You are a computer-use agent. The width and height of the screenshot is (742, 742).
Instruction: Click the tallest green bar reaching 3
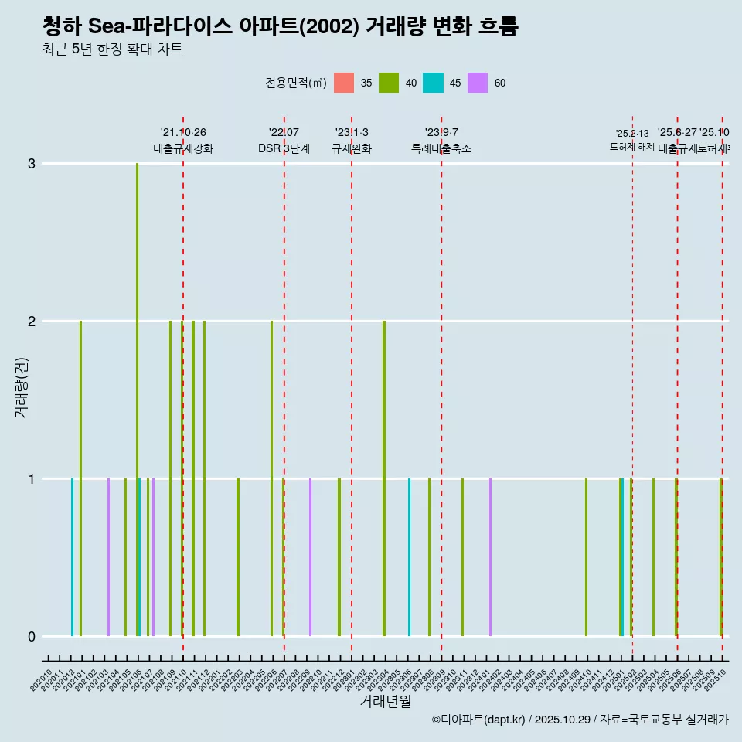pos(137,399)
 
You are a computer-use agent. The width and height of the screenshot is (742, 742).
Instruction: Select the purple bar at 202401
pos(490,556)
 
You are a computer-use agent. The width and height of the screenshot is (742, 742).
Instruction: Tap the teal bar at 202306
pos(410,556)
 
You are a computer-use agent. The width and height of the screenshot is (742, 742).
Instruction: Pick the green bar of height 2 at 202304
pos(384,478)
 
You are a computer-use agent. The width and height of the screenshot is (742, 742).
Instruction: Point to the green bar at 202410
pos(586,556)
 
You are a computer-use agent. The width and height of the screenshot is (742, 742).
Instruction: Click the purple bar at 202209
pos(310,556)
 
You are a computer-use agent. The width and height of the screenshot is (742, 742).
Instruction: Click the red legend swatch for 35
pos(344,83)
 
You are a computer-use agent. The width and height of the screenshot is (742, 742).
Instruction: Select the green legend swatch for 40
pos(389,83)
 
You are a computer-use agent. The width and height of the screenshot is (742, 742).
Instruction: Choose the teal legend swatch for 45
pos(433,83)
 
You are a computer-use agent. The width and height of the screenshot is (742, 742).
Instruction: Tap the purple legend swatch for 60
pos(478,83)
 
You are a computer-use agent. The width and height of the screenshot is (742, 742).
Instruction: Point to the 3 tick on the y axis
pos(31,164)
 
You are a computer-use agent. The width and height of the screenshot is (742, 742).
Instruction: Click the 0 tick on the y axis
pos(31,636)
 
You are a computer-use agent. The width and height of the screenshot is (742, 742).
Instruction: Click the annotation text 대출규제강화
pos(183,148)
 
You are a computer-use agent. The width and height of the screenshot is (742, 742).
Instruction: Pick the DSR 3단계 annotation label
pos(284,148)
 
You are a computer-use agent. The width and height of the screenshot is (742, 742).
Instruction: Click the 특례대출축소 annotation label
pos(441,148)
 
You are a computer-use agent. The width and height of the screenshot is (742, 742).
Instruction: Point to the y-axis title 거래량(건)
pos(21,387)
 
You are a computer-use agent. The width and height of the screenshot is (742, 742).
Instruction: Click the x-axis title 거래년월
pos(385,701)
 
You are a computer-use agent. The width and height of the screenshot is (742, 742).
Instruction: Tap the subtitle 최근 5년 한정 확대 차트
pos(112,49)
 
